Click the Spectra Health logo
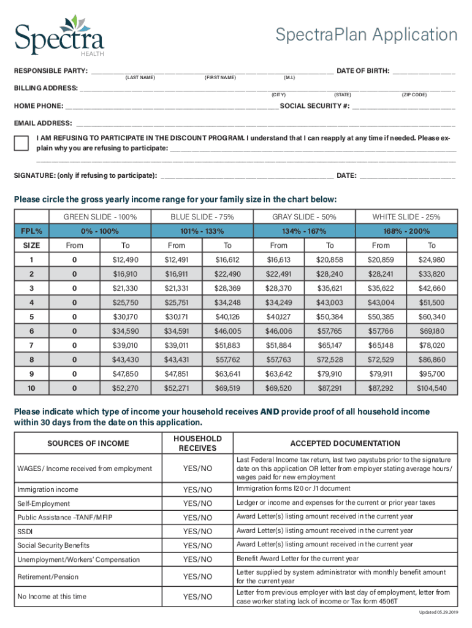tap(59, 35)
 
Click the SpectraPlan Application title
tap(366, 35)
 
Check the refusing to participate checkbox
tap(21, 143)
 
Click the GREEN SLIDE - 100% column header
tap(100, 217)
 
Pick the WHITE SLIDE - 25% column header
tap(406, 217)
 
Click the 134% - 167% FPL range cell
tap(304, 231)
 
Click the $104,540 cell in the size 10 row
tap(432, 388)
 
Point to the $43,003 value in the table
tap(329, 302)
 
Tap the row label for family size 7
tap(31, 345)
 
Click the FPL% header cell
tap(31, 231)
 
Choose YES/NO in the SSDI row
tap(197, 531)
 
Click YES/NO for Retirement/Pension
tap(197, 576)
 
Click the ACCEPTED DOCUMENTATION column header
tap(344, 443)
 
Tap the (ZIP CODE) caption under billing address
tap(414, 95)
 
